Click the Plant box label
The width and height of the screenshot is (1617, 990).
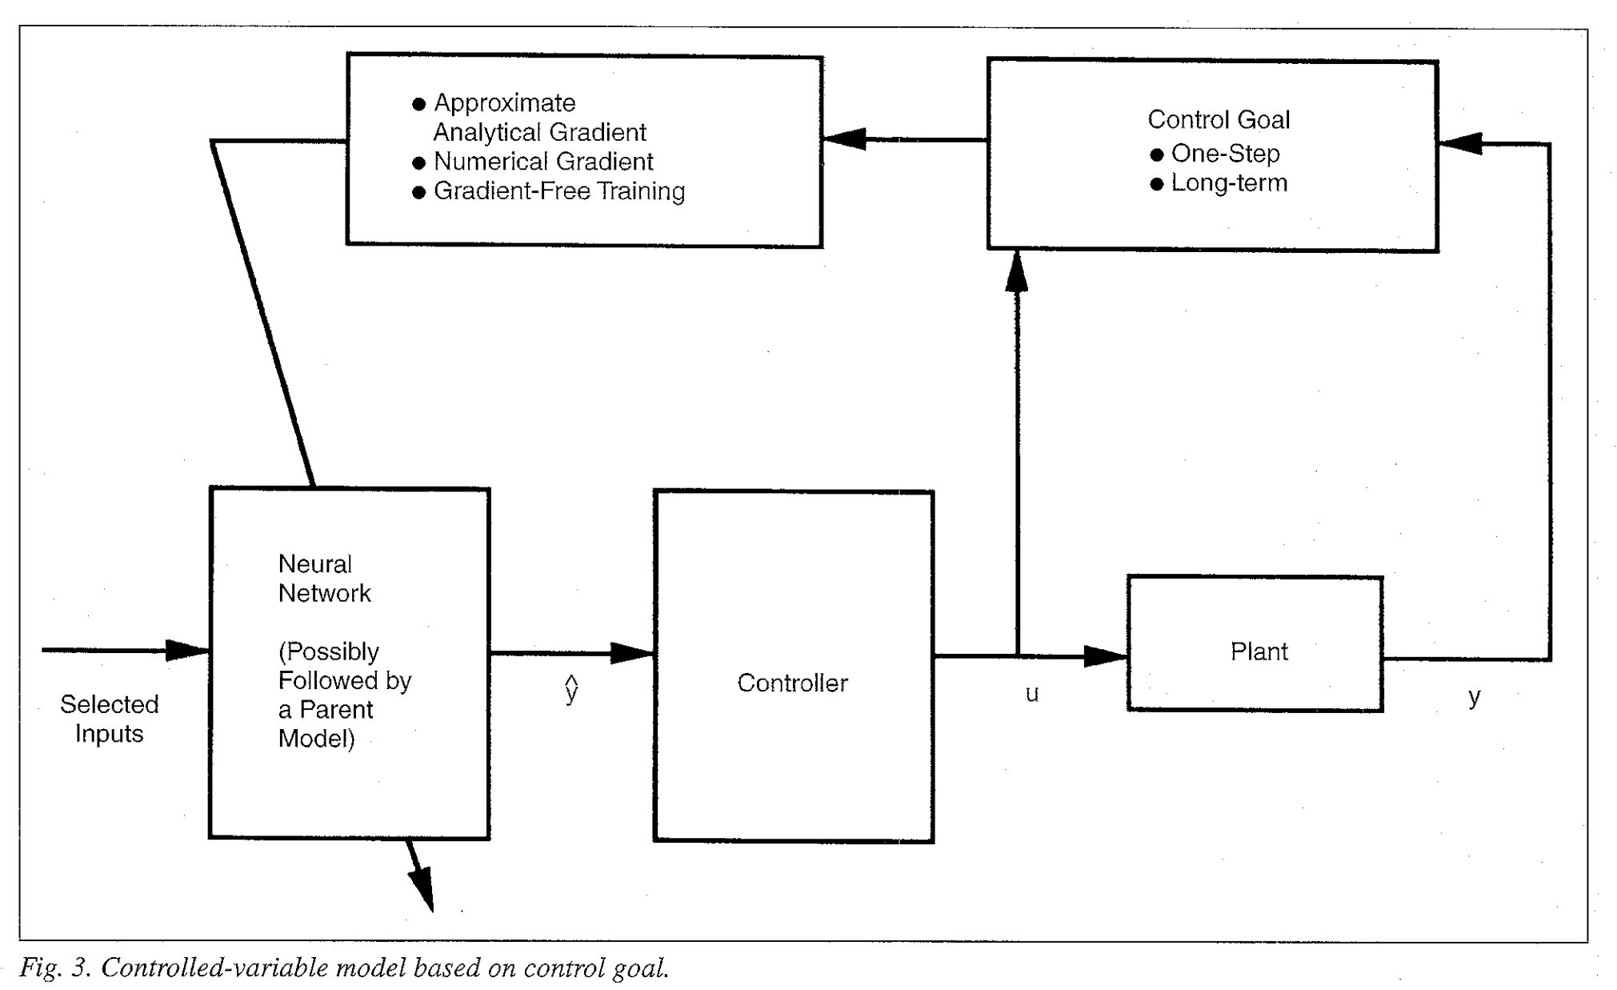tap(1259, 651)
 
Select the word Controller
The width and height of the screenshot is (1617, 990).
tap(792, 683)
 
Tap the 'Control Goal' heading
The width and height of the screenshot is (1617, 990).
tap(1218, 120)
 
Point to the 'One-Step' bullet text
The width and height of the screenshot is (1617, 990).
tap(1225, 153)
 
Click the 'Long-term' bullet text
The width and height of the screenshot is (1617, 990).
tap(1229, 183)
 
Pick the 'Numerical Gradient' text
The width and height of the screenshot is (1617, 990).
tap(543, 162)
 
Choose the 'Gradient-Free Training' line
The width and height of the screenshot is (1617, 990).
tap(558, 191)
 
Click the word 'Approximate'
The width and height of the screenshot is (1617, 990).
tap(504, 103)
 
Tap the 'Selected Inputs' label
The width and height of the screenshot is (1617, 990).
tap(109, 719)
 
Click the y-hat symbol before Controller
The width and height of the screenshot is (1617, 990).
tap(571, 689)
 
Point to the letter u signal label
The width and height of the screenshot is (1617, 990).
tap(1032, 693)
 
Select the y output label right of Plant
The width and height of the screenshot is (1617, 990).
tap(1474, 696)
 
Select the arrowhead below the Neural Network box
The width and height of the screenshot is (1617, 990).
tap(422, 888)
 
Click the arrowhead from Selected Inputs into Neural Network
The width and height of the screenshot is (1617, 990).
tap(187, 650)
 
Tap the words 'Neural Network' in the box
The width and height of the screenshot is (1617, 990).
tap(324, 579)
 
